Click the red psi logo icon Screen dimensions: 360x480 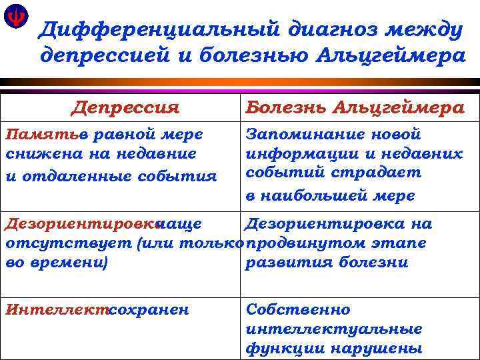coord(14,17)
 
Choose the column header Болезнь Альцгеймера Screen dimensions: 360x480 coord(355,107)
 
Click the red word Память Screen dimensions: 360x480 coord(40,134)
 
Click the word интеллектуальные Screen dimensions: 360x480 coord(334,329)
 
